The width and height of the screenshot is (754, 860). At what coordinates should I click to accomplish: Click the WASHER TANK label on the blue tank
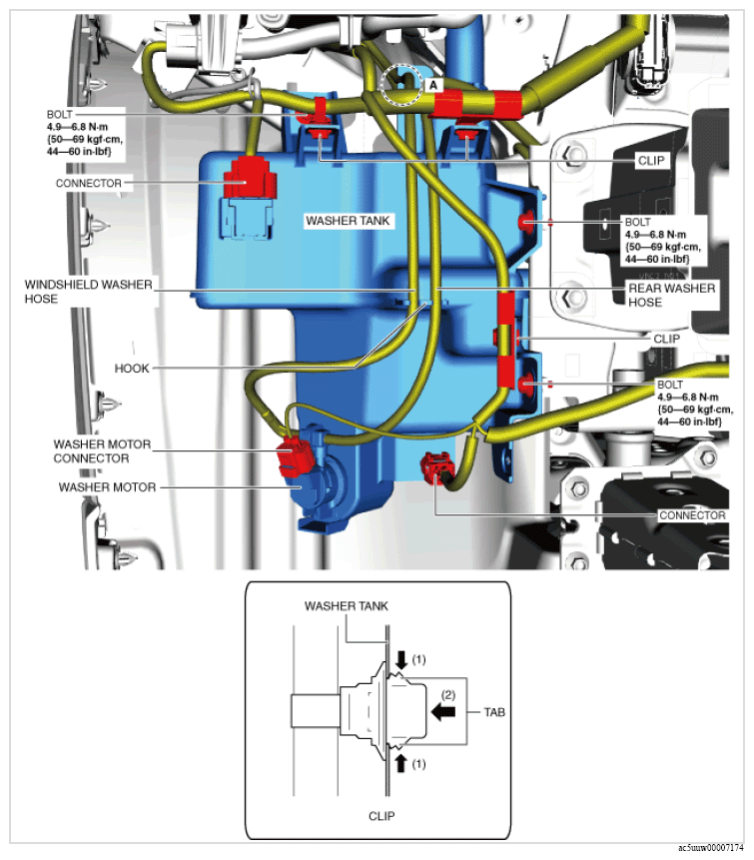pyautogui.click(x=348, y=221)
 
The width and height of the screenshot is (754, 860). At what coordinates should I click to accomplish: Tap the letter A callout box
pyautogui.click(x=433, y=86)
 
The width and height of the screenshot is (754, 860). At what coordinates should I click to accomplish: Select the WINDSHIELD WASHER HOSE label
pyautogui.click(x=88, y=292)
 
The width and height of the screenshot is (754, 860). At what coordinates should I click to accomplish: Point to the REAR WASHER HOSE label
pyautogui.click(x=671, y=295)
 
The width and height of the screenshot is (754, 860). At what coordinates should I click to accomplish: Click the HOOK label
pyautogui.click(x=132, y=368)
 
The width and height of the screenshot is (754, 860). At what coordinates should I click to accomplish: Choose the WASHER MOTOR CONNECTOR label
pyautogui.click(x=102, y=450)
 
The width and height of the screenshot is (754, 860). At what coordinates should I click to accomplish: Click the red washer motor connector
pyautogui.click(x=295, y=456)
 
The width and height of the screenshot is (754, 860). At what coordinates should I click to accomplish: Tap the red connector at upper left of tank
pyautogui.click(x=250, y=178)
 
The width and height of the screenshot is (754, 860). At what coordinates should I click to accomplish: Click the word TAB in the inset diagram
pyautogui.click(x=494, y=712)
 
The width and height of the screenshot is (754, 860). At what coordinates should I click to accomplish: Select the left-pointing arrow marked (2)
pyautogui.click(x=443, y=712)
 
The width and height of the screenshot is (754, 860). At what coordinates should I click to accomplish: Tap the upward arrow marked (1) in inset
pyautogui.click(x=401, y=763)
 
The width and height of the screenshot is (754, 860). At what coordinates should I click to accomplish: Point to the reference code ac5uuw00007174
pyautogui.click(x=711, y=848)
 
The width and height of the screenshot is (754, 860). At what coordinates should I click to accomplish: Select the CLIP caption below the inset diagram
pyautogui.click(x=381, y=816)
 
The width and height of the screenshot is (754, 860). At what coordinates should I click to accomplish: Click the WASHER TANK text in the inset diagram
pyautogui.click(x=346, y=606)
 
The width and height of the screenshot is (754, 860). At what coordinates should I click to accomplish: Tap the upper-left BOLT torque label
pyautogui.click(x=84, y=133)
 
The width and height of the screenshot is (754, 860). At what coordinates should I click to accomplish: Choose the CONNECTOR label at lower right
pyautogui.click(x=692, y=515)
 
